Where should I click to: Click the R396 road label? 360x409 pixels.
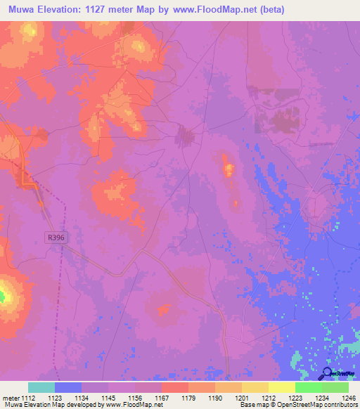56,238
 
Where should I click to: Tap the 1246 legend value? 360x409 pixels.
336,397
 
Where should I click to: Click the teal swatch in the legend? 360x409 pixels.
41,387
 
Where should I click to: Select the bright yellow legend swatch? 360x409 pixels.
281,387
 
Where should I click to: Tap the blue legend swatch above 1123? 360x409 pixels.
68,387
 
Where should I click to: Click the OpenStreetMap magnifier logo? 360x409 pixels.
328,373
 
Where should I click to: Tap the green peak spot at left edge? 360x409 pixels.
2,297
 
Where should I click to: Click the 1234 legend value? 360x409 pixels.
308,397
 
